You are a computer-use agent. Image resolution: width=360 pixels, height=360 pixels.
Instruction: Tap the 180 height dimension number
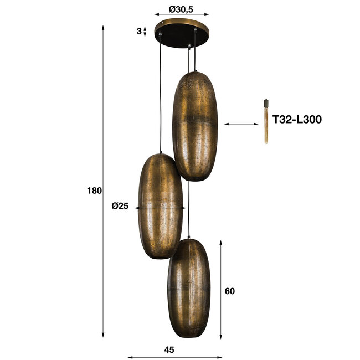click(x=95, y=191)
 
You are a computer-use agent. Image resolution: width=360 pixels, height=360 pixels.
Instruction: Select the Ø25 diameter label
click(x=120, y=206)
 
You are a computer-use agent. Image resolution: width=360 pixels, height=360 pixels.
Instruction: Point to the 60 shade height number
click(x=230, y=291)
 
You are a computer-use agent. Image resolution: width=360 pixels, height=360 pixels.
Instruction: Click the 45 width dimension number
click(x=169, y=349)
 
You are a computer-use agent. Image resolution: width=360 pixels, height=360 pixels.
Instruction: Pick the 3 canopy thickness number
click(x=139, y=31)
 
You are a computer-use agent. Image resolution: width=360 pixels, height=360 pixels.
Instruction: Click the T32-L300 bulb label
click(x=297, y=119)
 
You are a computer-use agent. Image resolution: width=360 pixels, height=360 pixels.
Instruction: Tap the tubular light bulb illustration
click(x=266, y=122)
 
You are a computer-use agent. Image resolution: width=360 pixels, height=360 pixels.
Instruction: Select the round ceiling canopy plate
click(x=179, y=33)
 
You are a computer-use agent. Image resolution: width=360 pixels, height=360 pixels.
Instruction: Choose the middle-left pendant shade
click(x=160, y=206)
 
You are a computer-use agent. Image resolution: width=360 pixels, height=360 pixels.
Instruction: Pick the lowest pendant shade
click(x=189, y=288)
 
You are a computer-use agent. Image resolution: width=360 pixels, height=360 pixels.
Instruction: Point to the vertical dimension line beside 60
click(x=221, y=289)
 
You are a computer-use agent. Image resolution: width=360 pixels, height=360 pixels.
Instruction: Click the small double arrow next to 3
click(x=146, y=31)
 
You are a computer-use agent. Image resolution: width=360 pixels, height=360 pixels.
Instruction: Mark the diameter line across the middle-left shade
click(x=161, y=208)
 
